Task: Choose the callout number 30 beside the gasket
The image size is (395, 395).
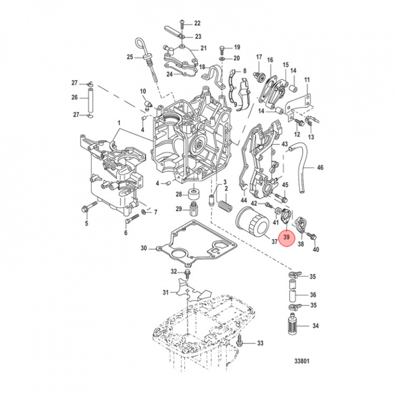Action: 144,248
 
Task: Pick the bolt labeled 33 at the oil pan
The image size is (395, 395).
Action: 241,343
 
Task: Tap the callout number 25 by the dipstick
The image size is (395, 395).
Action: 130,57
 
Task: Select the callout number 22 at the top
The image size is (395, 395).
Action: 198,23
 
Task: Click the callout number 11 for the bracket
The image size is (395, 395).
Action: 307,80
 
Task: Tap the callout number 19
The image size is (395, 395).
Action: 236,47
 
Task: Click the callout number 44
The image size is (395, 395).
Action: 244,202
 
